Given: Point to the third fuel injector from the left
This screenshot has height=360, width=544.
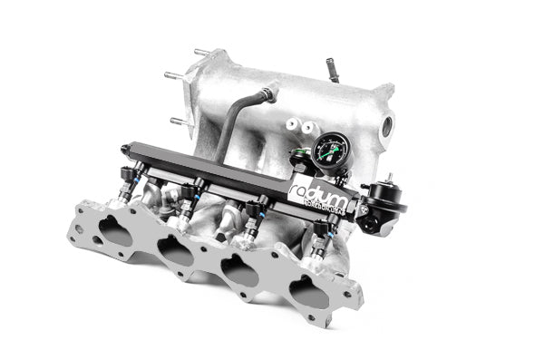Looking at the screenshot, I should pos(252,219).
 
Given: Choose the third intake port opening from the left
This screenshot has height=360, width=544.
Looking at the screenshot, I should pos(239,270).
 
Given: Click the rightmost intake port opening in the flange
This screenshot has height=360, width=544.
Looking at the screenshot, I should pos(307,291).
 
